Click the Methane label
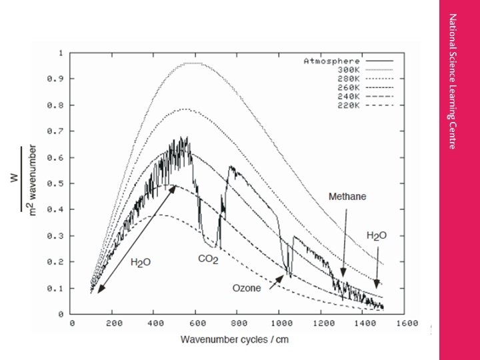pyautogui.click(x=347, y=197)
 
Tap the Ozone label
pyautogui.click(x=246, y=288)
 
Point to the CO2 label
pyautogui.click(x=208, y=258)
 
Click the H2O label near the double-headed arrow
pyautogui.click(x=141, y=263)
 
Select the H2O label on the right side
pyautogui.click(x=377, y=236)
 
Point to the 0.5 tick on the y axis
pyautogui.click(x=59, y=183)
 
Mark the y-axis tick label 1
pyautogui.click(x=62, y=53)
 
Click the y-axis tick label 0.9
pyautogui.click(x=59, y=79)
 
